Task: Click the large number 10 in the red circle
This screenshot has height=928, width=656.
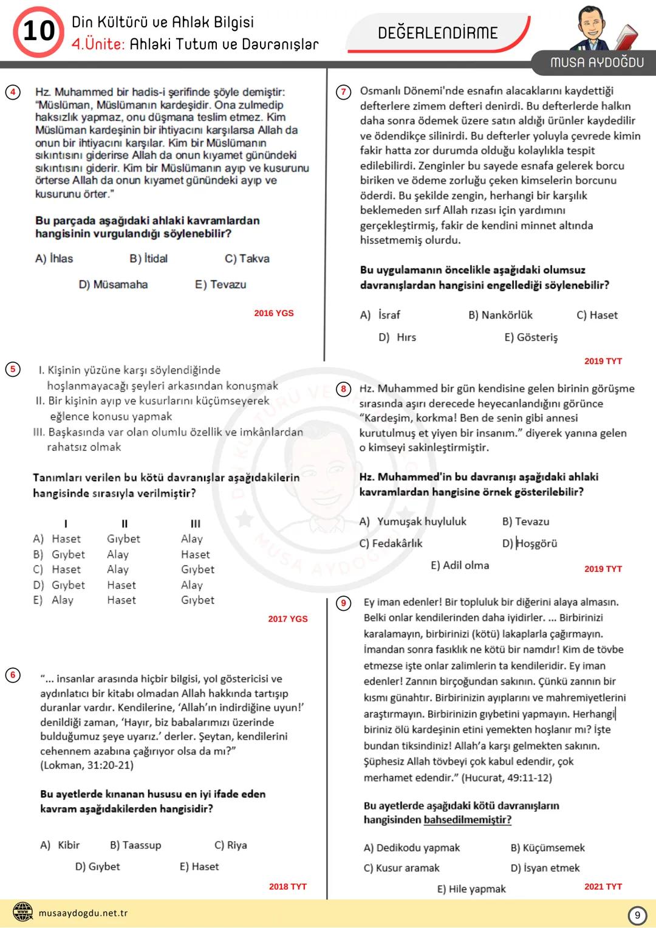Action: click(38, 31)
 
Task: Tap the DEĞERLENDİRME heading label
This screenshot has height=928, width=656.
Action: click(437, 33)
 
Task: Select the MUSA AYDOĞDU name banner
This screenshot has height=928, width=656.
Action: click(596, 62)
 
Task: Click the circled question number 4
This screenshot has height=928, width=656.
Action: click(13, 92)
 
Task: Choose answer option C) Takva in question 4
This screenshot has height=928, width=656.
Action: click(247, 258)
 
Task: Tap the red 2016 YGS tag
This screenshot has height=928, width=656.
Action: click(273, 313)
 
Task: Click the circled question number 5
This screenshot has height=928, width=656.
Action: click(13, 369)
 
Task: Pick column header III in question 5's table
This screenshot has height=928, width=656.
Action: click(195, 523)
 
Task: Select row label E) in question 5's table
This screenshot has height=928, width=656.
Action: click(38, 600)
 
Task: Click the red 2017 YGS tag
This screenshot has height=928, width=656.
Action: click(287, 619)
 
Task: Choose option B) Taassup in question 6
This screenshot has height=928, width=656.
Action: click(135, 845)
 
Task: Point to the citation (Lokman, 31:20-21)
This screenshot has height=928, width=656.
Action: click(87, 765)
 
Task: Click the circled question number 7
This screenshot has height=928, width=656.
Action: click(344, 92)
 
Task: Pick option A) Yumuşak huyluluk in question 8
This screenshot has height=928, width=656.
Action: click(413, 521)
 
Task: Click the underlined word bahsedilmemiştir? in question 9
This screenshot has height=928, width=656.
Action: click(467, 820)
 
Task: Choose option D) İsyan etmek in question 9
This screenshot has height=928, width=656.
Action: click(545, 868)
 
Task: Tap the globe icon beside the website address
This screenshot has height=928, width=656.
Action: click(23, 913)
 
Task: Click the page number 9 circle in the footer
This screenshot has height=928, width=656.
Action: click(637, 915)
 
